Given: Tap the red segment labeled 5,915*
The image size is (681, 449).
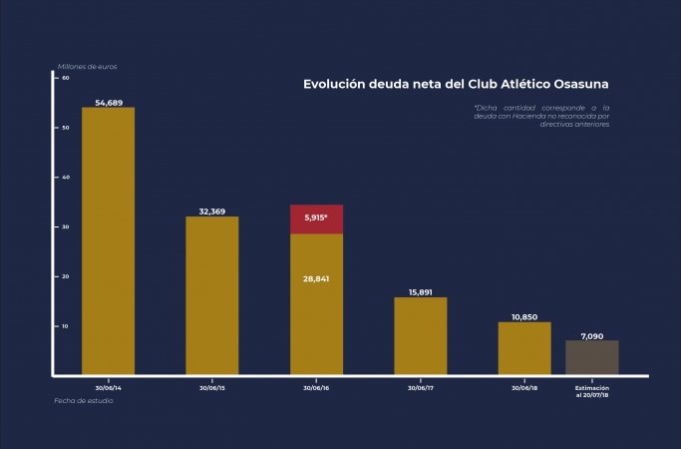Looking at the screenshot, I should click(x=316, y=219).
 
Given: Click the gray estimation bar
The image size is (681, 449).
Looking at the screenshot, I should click(x=592, y=357).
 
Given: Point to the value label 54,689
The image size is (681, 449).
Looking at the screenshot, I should click(x=108, y=103).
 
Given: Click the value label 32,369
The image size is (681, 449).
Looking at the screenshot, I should click(x=211, y=212).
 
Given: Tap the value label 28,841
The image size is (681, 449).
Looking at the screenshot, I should click(x=316, y=279).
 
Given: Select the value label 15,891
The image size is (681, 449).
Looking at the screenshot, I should click(x=420, y=292).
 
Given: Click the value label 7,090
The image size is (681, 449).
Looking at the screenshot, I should click(x=592, y=335).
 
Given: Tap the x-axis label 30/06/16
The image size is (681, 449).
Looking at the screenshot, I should click(x=316, y=386).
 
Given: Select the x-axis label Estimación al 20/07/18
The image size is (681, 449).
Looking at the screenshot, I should click(x=592, y=390).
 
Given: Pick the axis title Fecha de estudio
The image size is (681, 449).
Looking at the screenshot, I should click(x=84, y=400).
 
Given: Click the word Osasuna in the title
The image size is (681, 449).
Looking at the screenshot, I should click(x=578, y=84).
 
